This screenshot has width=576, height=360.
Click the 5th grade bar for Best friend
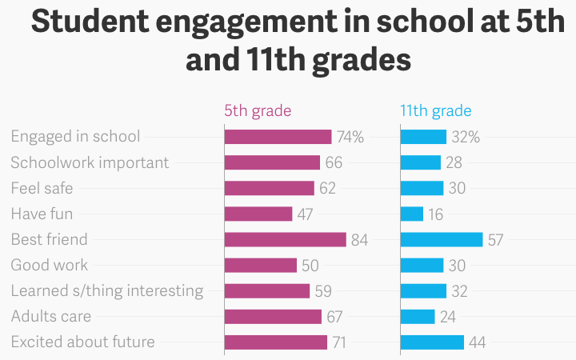(285, 240)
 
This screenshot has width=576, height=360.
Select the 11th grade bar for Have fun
(411, 214)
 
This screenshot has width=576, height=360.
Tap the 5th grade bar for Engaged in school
(278, 138)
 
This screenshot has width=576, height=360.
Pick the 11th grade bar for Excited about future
(432, 342)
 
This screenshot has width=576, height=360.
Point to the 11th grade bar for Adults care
(418, 317)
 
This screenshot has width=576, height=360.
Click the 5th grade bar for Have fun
(258, 214)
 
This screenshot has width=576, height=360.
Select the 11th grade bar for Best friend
(442, 240)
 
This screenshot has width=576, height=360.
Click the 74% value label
(349, 138)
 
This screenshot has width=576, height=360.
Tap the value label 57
(495, 240)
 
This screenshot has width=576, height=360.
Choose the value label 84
(359, 240)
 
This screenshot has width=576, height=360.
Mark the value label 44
(477, 342)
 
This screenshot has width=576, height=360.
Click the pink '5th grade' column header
(258, 111)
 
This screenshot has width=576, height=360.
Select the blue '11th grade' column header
(436, 111)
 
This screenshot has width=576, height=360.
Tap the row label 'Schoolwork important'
(90, 163)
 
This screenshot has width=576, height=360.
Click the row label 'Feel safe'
(43, 189)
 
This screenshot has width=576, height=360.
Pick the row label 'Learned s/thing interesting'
(106, 291)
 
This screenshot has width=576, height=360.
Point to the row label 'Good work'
(50, 266)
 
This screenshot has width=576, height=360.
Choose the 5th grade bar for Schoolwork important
(272, 163)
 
